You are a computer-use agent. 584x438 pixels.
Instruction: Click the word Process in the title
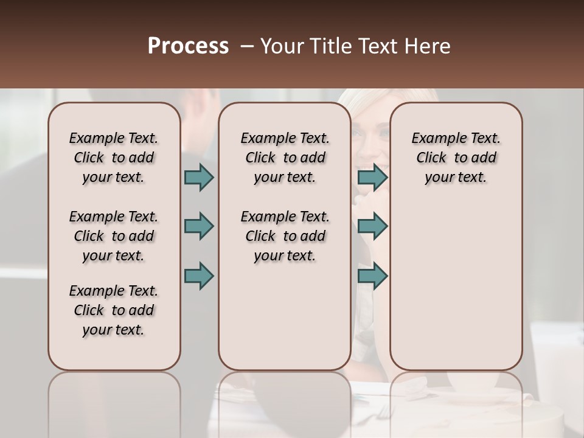(188, 46)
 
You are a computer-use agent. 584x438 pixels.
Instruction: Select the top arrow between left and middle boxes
(199, 177)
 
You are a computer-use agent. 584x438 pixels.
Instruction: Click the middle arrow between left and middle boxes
(199, 226)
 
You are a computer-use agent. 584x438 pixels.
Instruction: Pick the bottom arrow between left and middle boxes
(199, 276)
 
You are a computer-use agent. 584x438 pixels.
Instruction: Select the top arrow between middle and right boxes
(372, 177)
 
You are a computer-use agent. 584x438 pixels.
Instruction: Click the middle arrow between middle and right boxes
(372, 226)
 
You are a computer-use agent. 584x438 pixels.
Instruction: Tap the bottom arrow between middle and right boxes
(372, 276)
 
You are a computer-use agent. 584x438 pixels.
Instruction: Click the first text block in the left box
(114, 158)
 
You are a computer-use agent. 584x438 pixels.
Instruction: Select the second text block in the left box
(114, 236)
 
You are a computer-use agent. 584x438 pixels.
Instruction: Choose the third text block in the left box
(114, 310)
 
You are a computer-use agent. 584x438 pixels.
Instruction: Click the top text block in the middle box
(285, 158)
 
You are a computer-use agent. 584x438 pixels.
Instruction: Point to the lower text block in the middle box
(285, 236)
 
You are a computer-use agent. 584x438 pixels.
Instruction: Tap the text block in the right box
(456, 158)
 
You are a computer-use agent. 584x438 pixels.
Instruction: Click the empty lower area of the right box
(456, 280)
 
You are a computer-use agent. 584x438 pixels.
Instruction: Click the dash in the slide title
(247, 46)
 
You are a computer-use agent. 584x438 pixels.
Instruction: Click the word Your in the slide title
(282, 46)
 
